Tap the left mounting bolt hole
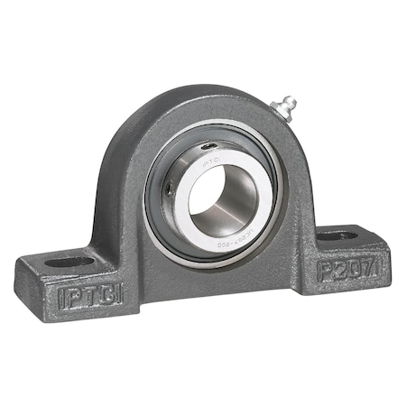point(70,262)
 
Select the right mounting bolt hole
point(337,235)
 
